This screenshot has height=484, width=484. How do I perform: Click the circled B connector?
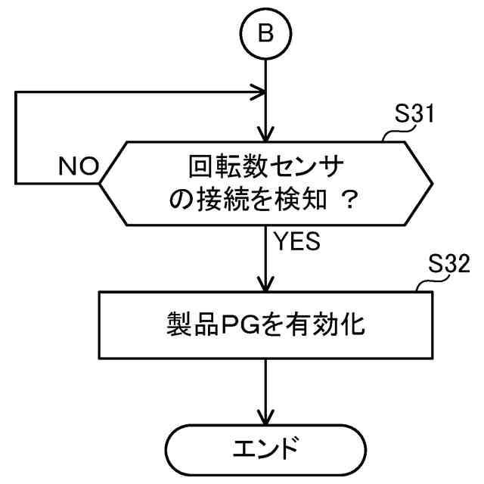tap(265, 35)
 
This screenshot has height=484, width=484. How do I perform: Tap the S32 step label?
tap(449, 264)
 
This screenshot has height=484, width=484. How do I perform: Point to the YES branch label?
tap(298, 242)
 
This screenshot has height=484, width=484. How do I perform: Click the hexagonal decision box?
tap(265, 181)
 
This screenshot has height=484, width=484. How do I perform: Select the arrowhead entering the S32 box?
tap(265, 287)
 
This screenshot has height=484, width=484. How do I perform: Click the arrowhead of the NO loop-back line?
tap(259, 94)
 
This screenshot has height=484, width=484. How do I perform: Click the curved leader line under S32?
tap(428, 286)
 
